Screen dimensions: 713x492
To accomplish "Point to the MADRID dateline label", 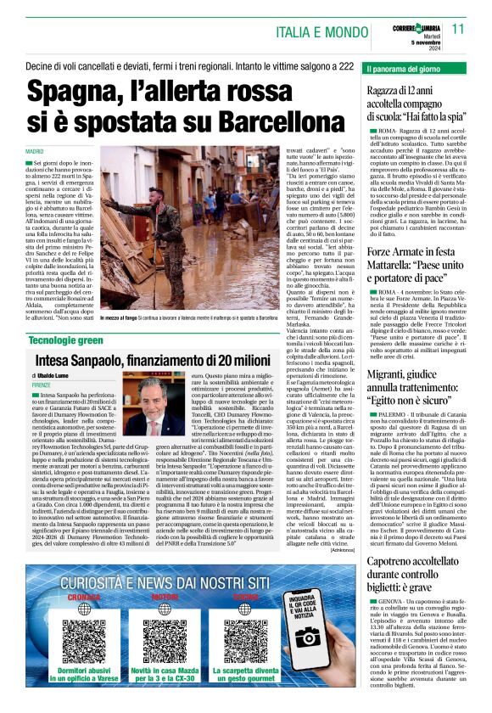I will (37, 150).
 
